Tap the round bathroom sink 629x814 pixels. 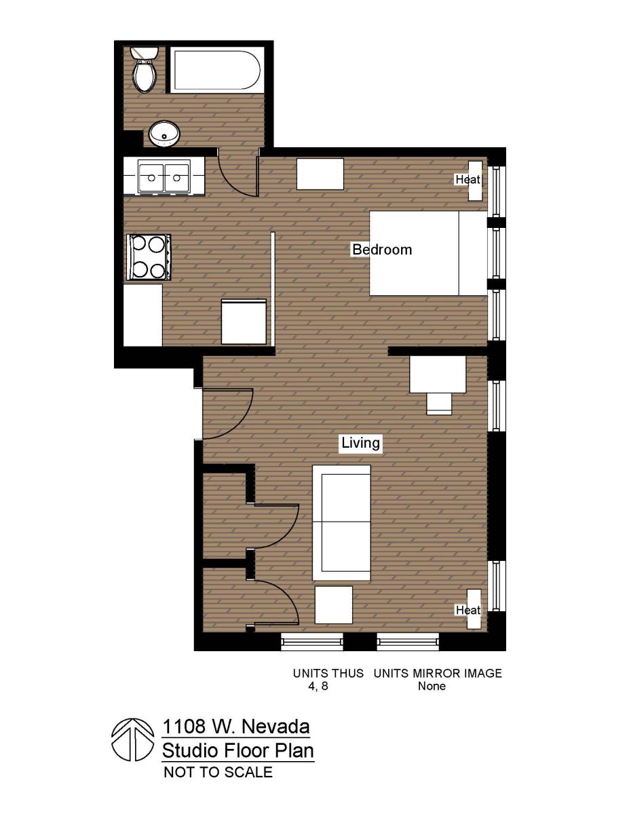coord(164,134)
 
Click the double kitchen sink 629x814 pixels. coord(164,178)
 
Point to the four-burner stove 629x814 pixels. coord(148,256)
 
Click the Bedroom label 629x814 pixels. coord(381,250)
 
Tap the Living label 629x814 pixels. coord(360,444)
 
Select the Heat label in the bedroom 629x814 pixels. coord(468,180)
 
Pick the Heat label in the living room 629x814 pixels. coord(468,610)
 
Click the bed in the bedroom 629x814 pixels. coord(427,253)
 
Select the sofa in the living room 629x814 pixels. coord(341,522)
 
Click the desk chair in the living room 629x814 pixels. coord(439,403)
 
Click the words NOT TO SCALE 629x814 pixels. coord(218,772)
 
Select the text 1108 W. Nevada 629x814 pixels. coord(235,727)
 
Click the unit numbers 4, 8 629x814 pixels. coord(318,686)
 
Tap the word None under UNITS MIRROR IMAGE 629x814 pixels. coord(432,686)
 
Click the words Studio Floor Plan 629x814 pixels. coord(237,751)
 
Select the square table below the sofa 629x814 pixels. coord(334,604)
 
